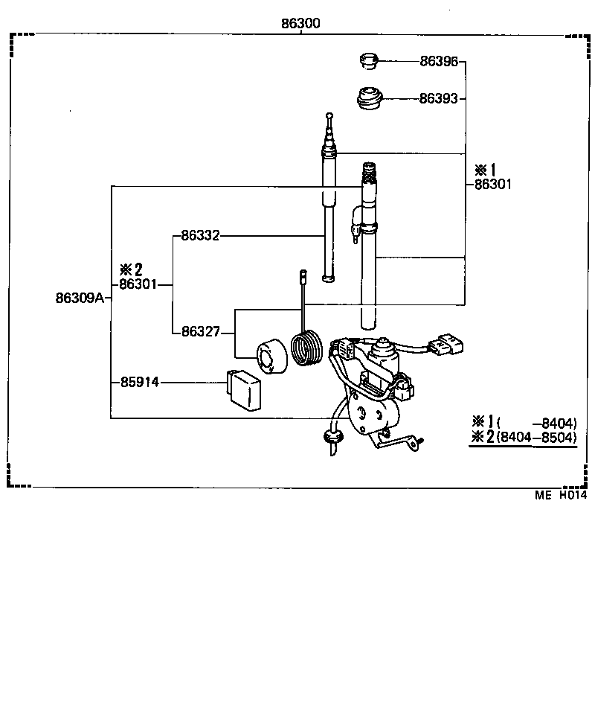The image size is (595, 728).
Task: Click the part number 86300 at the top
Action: [300, 23]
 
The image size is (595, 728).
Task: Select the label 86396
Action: [439, 62]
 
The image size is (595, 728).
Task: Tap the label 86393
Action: [439, 98]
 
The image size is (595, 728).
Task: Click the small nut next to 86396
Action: [368, 60]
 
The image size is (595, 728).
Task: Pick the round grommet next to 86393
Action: [369, 98]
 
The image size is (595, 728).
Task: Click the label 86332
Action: [200, 236]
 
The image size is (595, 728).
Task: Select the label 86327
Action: [200, 331]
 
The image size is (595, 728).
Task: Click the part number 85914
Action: [140, 383]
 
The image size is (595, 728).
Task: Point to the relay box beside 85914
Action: [245, 389]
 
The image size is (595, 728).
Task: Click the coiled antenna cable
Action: [307, 349]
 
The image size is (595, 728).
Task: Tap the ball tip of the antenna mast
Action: [330, 115]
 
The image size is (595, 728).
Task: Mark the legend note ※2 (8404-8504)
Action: [524, 438]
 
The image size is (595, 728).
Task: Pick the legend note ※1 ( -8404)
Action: [524, 421]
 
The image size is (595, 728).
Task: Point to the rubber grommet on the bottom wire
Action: [330, 435]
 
